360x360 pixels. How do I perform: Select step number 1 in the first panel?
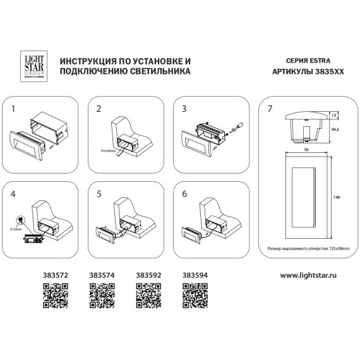[13, 109]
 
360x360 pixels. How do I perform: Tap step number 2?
[99, 109]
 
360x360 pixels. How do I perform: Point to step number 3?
[184, 109]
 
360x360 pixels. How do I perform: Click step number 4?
[13, 195]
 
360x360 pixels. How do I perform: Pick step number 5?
[99, 195]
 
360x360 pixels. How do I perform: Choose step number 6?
[184, 195]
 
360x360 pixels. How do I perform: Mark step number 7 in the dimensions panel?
[270, 109]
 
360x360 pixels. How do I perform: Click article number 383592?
[148, 275]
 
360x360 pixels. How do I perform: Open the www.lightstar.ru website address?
[309, 275]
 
